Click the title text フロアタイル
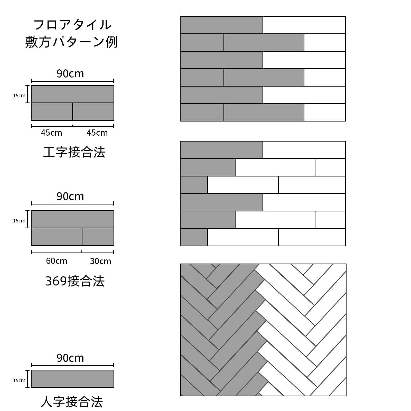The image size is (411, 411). click(x=72, y=25)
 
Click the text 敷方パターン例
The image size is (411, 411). click(x=71, y=42)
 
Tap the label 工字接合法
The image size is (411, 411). click(x=74, y=152)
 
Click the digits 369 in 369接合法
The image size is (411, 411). click(x=56, y=281)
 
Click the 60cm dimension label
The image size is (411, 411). click(x=57, y=261)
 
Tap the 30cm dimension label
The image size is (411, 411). click(x=100, y=261)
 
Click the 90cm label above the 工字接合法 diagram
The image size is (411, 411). click(x=70, y=74)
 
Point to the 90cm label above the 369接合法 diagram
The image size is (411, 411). click(x=70, y=197)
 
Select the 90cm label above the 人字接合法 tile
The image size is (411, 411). click(x=70, y=358)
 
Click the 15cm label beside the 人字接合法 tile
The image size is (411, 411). click(x=19, y=380)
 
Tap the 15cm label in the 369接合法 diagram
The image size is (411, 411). click(x=19, y=221)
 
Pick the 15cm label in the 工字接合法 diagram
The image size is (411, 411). click(x=19, y=96)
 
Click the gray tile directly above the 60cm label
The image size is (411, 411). click(x=57, y=237)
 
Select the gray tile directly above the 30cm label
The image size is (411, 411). click(x=98, y=237)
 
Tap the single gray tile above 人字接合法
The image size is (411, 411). click(x=72, y=379)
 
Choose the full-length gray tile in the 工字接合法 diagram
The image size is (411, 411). click(x=72, y=94)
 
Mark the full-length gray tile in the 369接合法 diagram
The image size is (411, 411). click(x=72, y=219)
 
